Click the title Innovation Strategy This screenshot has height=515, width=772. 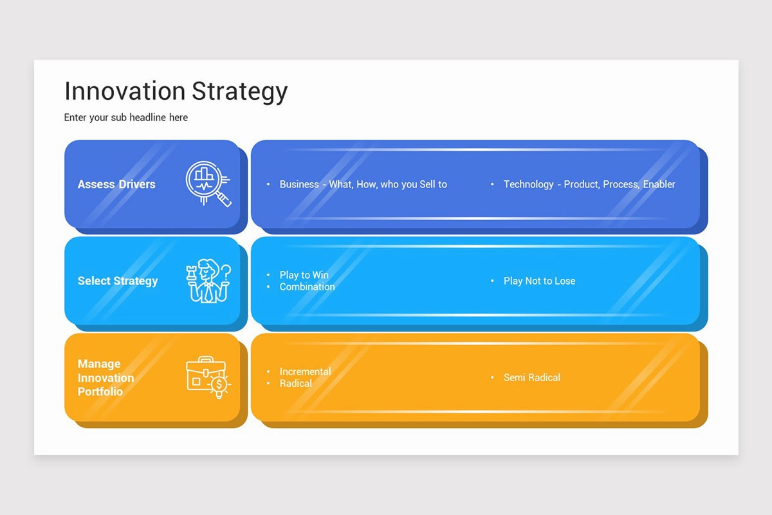pos(176,91)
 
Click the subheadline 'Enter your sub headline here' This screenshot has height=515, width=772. pos(126,117)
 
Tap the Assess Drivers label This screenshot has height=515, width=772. pos(116,184)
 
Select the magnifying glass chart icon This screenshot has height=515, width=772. pos(208,184)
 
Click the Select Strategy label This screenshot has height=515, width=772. pos(118,281)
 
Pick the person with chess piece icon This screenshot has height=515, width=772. pos(208,281)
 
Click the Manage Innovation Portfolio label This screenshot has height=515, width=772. pos(106,378)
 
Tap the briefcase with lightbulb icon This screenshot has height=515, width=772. pos(208,378)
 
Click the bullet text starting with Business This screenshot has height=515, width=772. pos(363,184)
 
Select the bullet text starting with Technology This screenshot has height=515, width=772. pos(589,184)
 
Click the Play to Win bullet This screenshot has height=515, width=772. pos(304,275)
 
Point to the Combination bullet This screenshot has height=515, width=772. pos(307,286)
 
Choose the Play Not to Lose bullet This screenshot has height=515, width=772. pos(539,281)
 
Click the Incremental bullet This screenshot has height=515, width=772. pos(305,371)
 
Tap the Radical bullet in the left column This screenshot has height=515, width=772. pos(295,383)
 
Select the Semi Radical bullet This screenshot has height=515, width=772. pos(531,377)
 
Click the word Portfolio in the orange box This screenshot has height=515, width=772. pos(100,391)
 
